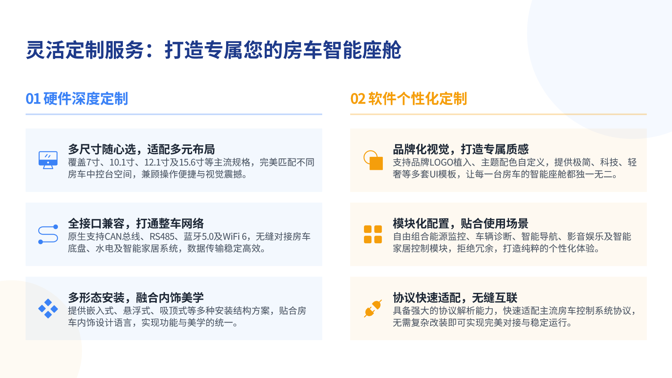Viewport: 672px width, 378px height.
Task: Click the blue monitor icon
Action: click(x=48, y=160)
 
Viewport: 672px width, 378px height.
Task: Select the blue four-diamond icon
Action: click(x=48, y=309)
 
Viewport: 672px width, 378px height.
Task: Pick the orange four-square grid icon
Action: click(x=373, y=234)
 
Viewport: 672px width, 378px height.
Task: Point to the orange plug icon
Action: click(x=373, y=308)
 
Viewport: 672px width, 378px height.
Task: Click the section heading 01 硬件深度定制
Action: click(x=77, y=99)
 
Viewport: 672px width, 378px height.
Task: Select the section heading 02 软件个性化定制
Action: click(x=408, y=99)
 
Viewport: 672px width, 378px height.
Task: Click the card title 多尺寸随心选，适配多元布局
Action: click(x=141, y=149)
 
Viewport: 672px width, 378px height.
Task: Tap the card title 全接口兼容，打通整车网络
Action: click(x=136, y=223)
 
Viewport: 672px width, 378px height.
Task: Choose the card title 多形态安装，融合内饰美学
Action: click(x=136, y=298)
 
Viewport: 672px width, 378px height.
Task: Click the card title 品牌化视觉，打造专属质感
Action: click(x=461, y=149)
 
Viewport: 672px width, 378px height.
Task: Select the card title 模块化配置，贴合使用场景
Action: click(x=461, y=223)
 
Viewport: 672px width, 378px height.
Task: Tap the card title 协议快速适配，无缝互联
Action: click(x=455, y=298)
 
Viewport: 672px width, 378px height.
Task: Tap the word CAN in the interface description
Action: click(x=114, y=236)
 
